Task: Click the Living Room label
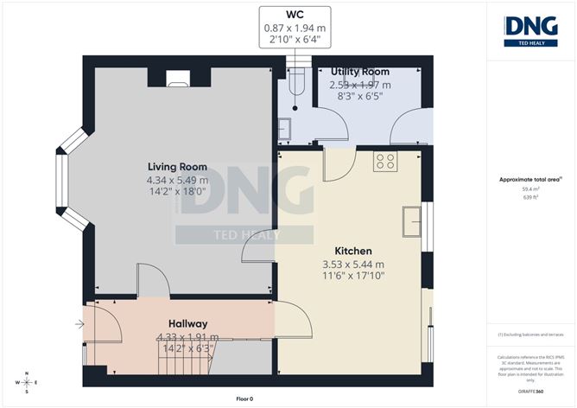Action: point(176,167)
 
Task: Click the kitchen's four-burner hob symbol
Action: point(385,160)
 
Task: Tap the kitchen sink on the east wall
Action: point(412,219)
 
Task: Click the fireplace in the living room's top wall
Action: point(176,80)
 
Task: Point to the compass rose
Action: point(27,381)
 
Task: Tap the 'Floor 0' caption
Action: point(244,398)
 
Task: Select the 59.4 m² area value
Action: point(530,188)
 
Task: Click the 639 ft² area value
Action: point(530,197)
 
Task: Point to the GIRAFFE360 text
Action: point(530,390)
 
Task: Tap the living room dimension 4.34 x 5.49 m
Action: point(176,180)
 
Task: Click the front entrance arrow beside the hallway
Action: point(79,325)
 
